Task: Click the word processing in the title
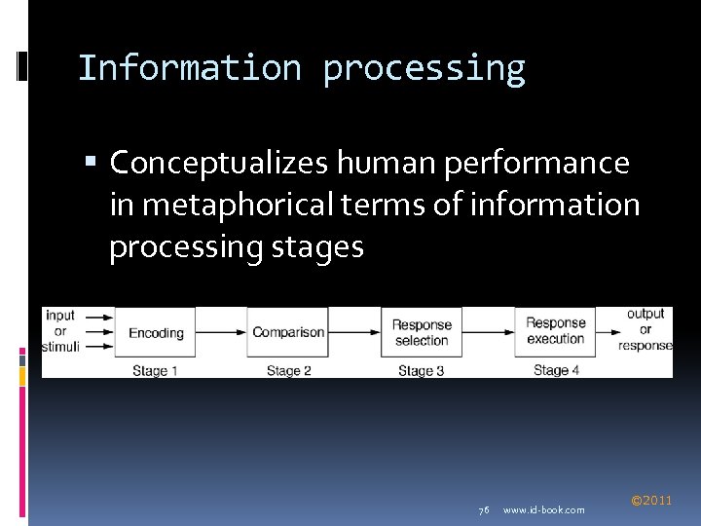(424, 69)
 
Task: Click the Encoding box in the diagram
(156, 333)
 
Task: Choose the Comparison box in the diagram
(288, 333)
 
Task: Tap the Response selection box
(422, 333)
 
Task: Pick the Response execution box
(555, 332)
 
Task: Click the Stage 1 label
(156, 371)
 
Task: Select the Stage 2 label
(288, 371)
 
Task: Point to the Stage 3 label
(421, 371)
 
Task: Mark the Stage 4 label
(556, 371)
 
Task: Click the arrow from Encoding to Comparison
(221, 332)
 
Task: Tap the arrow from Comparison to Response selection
(354, 332)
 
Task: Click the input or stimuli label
(60, 331)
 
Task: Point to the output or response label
(646, 329)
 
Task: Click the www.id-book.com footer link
(544, 510)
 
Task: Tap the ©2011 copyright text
(651, 501)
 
